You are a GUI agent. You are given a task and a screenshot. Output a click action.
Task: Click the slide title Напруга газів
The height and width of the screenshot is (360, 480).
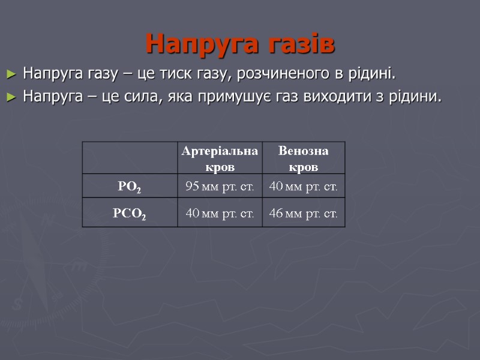[x=240, y=44]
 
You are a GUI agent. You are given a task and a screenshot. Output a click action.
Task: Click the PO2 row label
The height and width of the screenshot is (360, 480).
[x=130, y=187]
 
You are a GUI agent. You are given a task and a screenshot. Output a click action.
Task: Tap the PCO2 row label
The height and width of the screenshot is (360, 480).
[x=130, y=213]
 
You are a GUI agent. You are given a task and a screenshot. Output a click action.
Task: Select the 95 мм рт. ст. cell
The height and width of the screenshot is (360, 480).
[x=220, y=187]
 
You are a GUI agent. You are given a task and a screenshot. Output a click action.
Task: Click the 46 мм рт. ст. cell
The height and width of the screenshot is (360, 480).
[x=303, y=213]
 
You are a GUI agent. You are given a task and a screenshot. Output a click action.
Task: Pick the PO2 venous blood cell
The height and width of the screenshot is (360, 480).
[x=303, y=187]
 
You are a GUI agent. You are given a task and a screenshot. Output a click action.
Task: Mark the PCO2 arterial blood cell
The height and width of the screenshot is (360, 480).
[x=220, y=213]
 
